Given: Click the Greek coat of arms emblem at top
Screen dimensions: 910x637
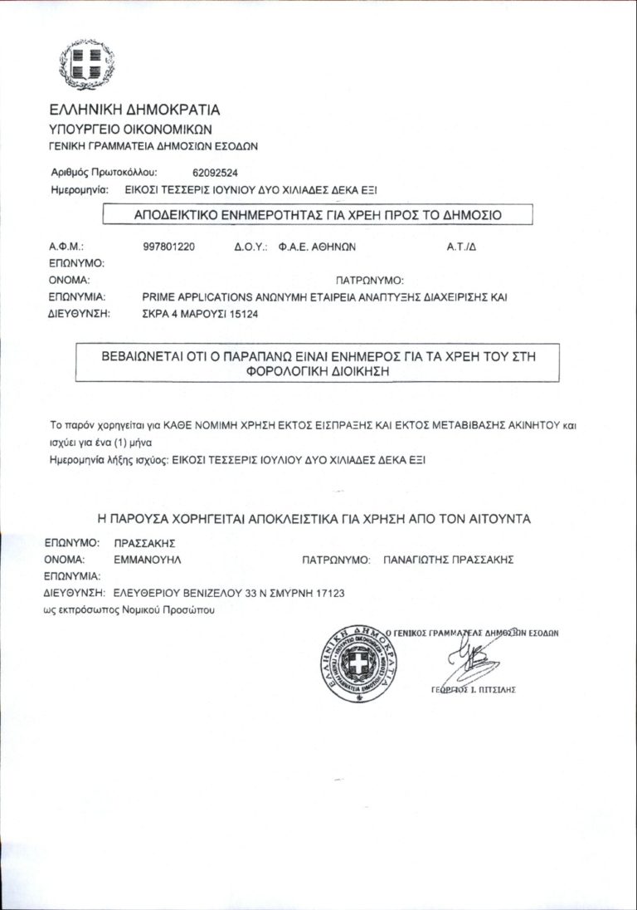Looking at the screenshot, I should tap(87, 64).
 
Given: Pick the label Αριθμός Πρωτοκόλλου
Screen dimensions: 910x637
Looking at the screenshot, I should tap(105, 174).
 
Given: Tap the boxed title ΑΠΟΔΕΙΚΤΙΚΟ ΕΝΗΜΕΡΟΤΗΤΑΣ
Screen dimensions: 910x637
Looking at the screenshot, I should tap(318, 215).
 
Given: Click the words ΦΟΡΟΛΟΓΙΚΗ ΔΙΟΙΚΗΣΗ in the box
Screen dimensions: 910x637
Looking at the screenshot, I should tap(318, 373).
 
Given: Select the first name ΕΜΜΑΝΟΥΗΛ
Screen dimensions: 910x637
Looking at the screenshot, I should tap(148, 559).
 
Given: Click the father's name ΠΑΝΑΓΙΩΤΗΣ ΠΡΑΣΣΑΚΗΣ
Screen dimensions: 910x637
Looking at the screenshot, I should tap(448, 559).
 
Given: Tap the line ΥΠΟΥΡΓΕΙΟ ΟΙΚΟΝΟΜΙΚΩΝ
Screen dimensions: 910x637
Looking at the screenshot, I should tap(130, 129).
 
